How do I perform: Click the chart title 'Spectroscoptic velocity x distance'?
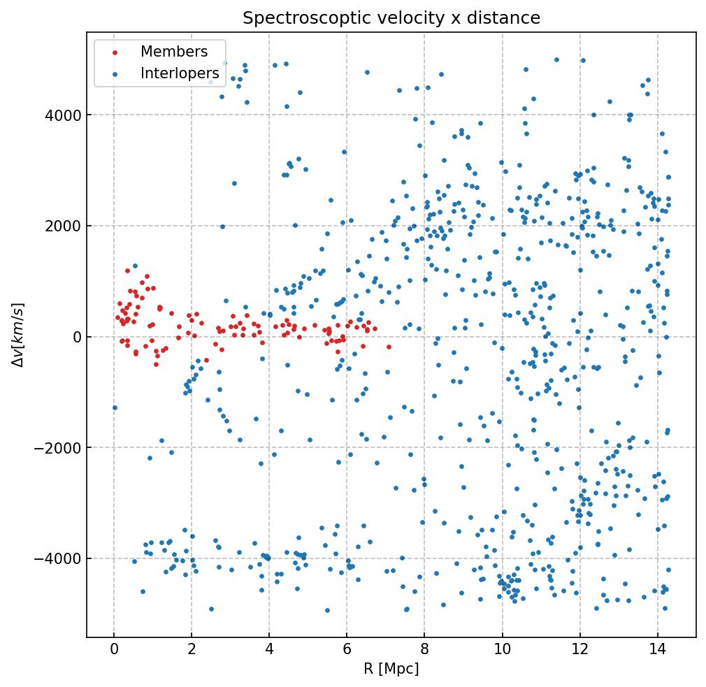pyautogui.click(x=391, y=18)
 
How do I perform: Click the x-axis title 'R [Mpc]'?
pyautogui.click(x=391, y=669)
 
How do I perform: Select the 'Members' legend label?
pyautogui.click(x=174, y=52)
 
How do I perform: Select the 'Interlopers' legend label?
pyautogui.click(x=180, y=73)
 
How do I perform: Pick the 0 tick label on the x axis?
pyautogui.click(x=114, y=650)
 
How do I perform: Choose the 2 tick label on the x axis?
pyautogui.click(x=192, y=650)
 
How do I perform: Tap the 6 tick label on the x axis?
pyautogui.click(x=347, y=650)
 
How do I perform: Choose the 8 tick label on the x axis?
pyautogui.click(x=424, y=650)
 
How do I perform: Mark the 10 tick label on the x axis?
pyautogui.click(x=502, y=650)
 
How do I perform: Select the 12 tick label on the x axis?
pyautogui.click(x=579, y=650)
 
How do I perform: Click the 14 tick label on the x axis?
pyautogui.click(x=657, y=650)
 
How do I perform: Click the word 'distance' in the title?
pyautogui.click(x=510, y=18)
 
